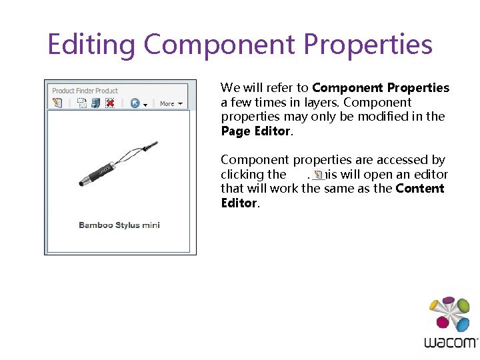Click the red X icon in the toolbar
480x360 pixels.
tap(110, 103)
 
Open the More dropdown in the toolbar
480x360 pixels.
tap(171, 104)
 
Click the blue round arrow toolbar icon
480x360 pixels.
tap(135, 103)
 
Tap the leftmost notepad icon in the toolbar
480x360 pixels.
tap(57, 103)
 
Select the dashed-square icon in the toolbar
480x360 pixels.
tap(81, 103)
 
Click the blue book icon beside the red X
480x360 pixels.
tap(95, 103)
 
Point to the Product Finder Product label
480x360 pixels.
tap(85, 91)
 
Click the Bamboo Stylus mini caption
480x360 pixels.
tap(119, 225)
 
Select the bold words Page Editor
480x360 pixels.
tap(255, 131)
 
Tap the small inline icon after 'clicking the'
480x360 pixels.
tap(318, 175)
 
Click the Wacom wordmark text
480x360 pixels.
tap(451, 343)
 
